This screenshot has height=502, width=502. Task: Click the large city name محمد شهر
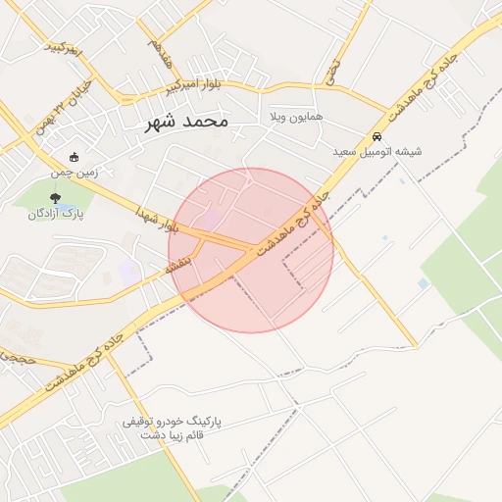(186, 122)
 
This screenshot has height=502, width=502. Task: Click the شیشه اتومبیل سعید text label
(377, 151)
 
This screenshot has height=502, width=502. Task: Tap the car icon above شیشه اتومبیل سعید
(377, 136)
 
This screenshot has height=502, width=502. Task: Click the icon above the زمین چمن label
(75, 157)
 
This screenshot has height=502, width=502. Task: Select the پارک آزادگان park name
(56, 212)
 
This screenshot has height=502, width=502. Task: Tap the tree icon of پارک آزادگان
(56, 197)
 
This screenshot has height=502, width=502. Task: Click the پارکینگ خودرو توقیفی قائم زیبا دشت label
(173, 427)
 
